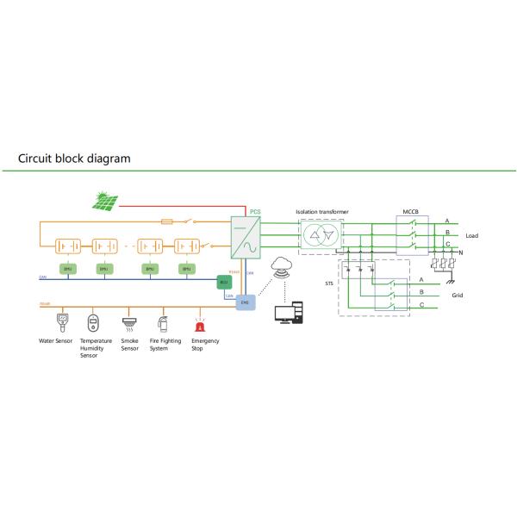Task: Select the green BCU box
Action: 223,282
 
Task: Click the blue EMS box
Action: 244,302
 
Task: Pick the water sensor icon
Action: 59,324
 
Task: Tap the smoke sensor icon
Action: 129,324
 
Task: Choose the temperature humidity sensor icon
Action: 93,324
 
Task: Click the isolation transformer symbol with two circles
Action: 320,237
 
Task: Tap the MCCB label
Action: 411,209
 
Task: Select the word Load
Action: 472,236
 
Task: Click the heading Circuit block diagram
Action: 74,159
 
